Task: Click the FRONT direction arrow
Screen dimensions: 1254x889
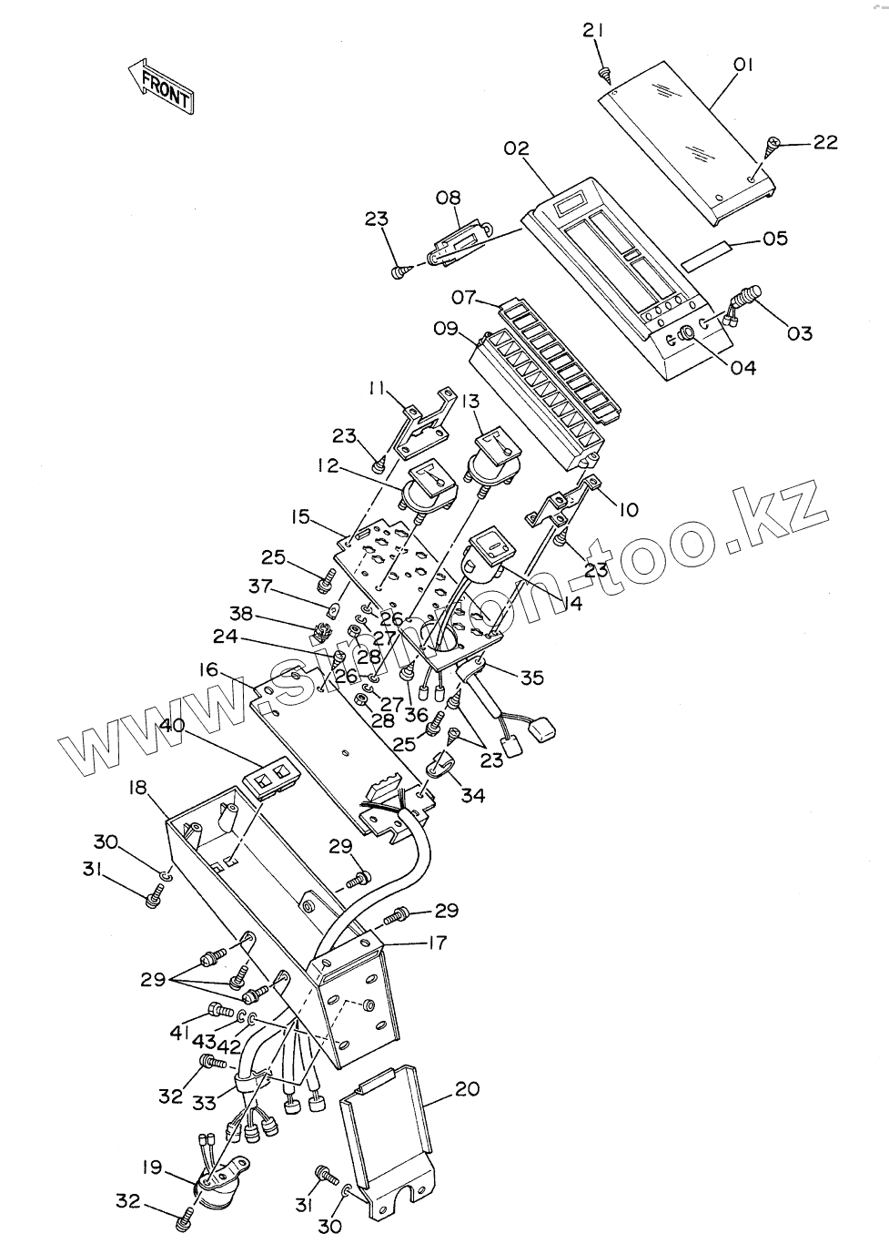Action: coord(162,87)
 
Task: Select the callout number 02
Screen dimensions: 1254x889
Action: coord(516,148)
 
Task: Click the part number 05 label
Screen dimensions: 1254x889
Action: coord(774,239)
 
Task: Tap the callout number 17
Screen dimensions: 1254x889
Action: coord(437,943)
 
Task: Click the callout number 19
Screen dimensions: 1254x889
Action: coord(151,1167)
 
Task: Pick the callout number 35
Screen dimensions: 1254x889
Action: coord(531,677)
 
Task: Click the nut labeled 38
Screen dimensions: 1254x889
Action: coord(318,628)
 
